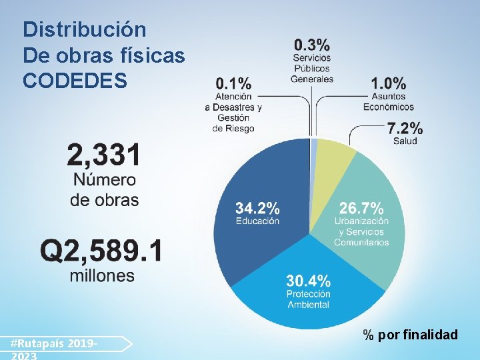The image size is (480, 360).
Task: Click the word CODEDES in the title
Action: (75, 81)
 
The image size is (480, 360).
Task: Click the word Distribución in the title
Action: (84, 30)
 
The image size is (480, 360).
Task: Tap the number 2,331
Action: (104, 156)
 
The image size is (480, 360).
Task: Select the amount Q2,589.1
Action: (101, 251)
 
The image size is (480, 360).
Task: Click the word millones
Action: (102, 275)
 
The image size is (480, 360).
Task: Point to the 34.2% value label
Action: (257, 207)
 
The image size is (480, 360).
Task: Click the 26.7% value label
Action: (361, 207)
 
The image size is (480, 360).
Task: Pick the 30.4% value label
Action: (308, 280)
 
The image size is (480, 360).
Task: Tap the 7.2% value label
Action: (405, 127)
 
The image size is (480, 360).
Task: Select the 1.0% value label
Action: (388, 83)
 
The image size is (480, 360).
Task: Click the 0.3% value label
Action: (311, 45)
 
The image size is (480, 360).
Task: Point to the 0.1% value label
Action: (233, 83)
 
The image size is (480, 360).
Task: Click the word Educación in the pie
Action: (257, 221)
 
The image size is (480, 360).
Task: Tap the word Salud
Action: (405, 141)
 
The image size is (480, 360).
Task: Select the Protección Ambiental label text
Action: (308, 299)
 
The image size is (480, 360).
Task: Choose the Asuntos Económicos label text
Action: (388, 101)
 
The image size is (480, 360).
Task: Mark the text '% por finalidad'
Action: (410, 335)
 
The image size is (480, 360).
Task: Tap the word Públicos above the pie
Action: (311, 68)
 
